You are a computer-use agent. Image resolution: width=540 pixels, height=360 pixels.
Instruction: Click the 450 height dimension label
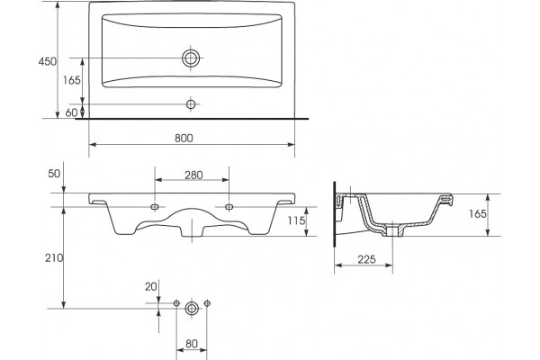pos(47,62)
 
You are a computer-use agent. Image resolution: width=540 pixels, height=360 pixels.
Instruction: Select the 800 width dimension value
pos(184,138)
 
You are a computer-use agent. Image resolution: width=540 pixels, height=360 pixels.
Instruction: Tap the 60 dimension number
pos(71,112)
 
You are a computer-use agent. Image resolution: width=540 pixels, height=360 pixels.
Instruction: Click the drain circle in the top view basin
pos(191,58)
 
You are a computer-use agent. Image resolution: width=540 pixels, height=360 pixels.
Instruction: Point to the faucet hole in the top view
pos(191,104)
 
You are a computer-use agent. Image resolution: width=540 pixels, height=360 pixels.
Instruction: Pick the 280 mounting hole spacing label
pos(193,175)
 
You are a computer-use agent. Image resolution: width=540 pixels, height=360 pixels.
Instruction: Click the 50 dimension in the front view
pos(54,174)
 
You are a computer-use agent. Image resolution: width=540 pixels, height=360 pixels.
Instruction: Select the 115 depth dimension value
pos(297,220)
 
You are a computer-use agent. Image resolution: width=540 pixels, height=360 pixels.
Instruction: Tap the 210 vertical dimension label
pos(54,257)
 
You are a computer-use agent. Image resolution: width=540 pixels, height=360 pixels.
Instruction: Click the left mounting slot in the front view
pos(155,207)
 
